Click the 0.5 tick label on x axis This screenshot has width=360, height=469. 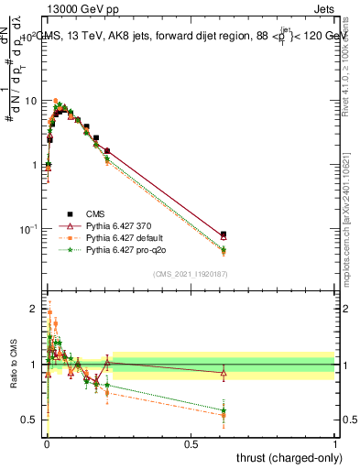coord(191,444)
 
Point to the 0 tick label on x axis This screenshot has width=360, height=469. coord(46,444)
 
